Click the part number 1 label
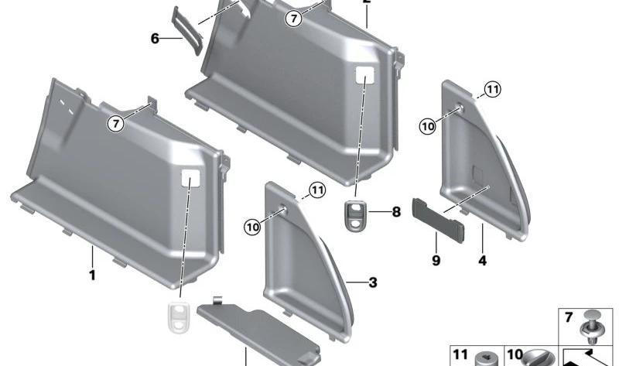[x=92, y=275]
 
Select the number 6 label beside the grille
[x=155, y=37]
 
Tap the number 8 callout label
[x=395, y=211]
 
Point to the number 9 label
[x=436, y=261]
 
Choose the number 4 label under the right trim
[x=482, y=261]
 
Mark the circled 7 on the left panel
[x=115, y=123]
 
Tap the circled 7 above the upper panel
[x=292, y=19]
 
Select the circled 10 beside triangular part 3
[x=253, y=227]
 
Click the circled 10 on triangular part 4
[x=427, y=127]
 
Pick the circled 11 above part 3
[x=318, y=190]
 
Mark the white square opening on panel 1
[x=190, y=180]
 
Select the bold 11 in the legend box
[x=460, y=354]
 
